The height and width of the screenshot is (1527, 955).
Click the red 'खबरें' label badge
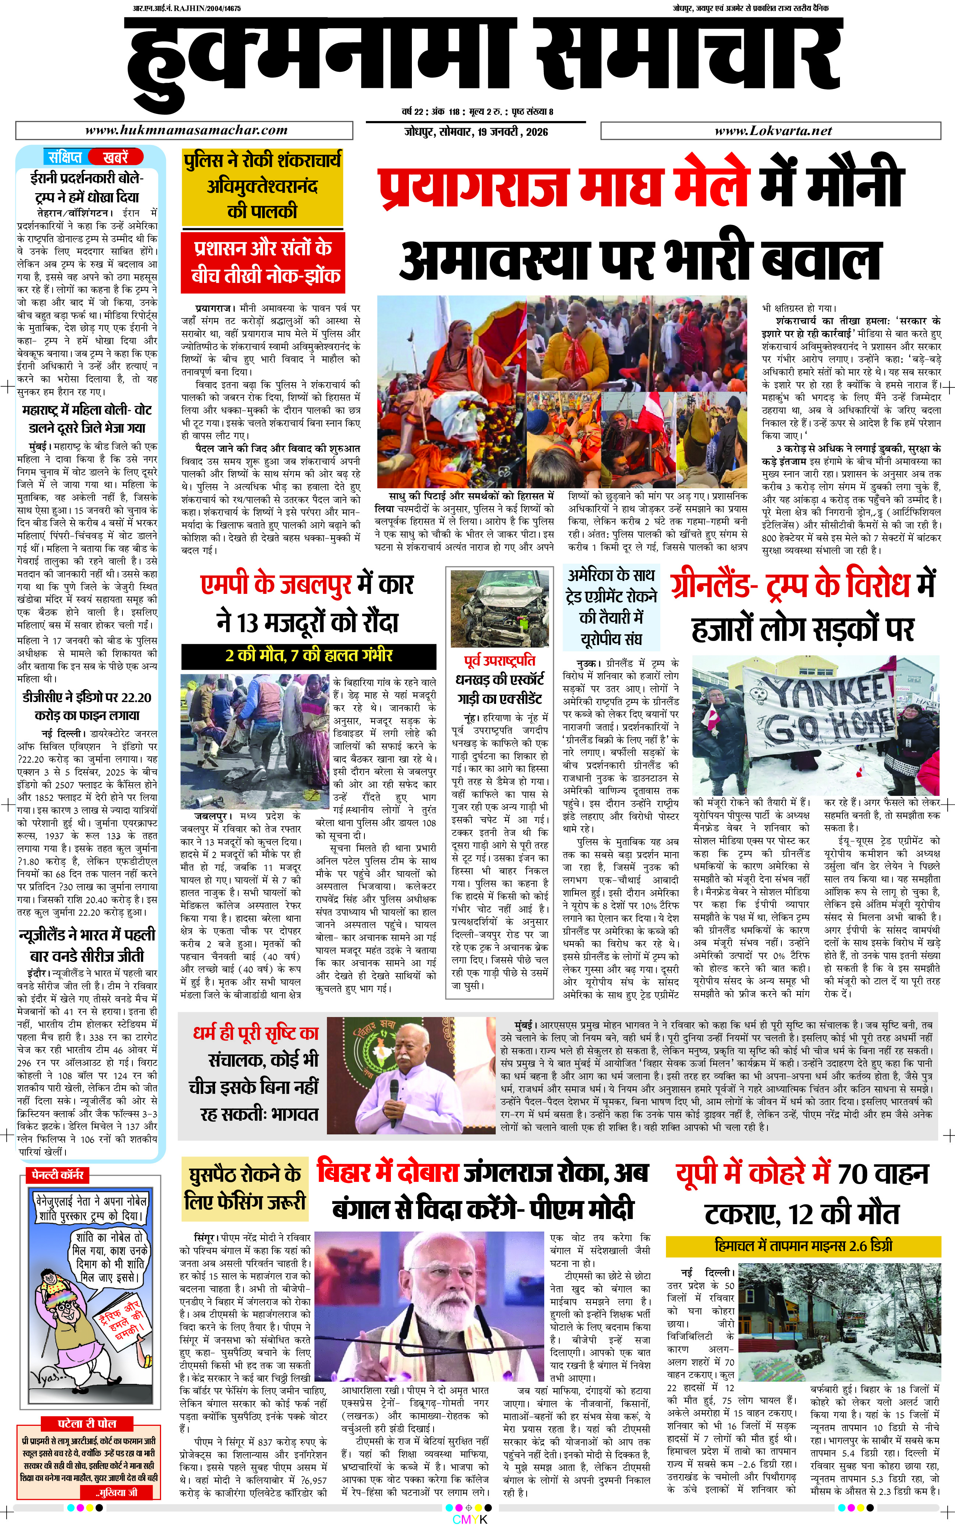coord(115,157)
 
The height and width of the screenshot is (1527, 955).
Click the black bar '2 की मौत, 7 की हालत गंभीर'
coord(309,655)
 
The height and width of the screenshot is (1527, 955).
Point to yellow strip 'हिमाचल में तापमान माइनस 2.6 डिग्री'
coord(803,1245)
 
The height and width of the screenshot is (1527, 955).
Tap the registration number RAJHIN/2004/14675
coord(186,8)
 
